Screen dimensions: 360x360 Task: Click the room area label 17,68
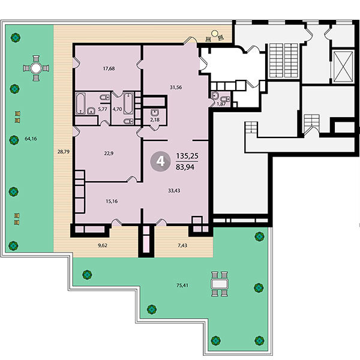point(109,68)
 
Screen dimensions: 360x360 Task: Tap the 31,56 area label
point(176,87)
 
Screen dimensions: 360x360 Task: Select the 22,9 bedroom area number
point(109,154)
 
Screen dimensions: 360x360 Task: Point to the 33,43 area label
point(174,191)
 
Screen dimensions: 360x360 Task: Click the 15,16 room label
point(112,202)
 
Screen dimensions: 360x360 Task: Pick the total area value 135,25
point(187,156)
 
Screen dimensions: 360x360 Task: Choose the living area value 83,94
point(185,167)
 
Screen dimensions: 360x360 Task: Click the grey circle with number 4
point(160,161)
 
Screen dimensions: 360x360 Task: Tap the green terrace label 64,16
point(31,139)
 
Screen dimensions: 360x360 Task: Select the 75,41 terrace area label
point(182,286)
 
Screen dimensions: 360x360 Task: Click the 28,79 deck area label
point(64,152)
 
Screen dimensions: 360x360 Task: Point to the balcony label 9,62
point(103,245)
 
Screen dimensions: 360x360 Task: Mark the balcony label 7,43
point(182,245)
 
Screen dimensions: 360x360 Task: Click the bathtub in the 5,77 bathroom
point(80,103)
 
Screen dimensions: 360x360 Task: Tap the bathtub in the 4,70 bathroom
point(128,103)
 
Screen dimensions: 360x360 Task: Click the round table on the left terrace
point(36,68)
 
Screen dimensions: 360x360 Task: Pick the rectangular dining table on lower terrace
point(220,284)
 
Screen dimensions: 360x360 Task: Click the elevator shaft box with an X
point(343,67)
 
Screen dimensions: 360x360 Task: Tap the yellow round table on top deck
point(215,34)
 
